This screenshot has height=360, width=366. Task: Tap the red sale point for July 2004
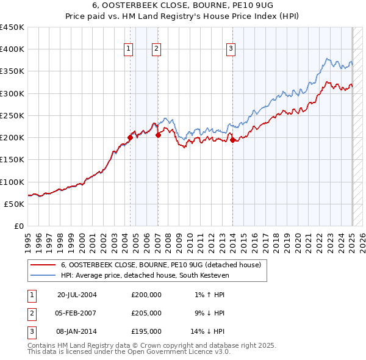[131, 137]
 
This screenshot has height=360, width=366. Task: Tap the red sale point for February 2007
[158, 135]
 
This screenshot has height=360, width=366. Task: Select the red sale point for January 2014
[233, 140]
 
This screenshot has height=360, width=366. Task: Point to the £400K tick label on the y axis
[12, 49]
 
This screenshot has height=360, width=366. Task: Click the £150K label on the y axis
[12, 159]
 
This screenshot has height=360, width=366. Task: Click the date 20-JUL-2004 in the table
[77, 295]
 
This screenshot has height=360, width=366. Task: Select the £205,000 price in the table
[146, 313]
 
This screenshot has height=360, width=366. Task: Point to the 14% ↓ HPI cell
[208, 331]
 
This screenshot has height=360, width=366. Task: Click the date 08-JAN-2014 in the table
[77, 331]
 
